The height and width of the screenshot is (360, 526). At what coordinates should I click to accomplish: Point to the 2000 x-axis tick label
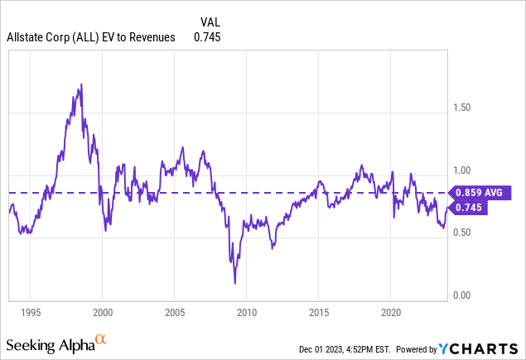[102, 314]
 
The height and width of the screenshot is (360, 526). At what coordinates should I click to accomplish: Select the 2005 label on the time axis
[174, 314]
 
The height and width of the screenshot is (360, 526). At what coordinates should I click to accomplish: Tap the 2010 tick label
[246, 314]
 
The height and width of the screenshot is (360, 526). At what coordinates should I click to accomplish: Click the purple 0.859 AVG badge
[479, 193]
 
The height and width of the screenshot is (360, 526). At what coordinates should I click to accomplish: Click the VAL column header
[210, 22]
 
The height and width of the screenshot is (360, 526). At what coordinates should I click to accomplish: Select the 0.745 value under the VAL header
[207, 36]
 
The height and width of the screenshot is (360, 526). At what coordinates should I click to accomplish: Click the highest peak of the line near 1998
[80, 84]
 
